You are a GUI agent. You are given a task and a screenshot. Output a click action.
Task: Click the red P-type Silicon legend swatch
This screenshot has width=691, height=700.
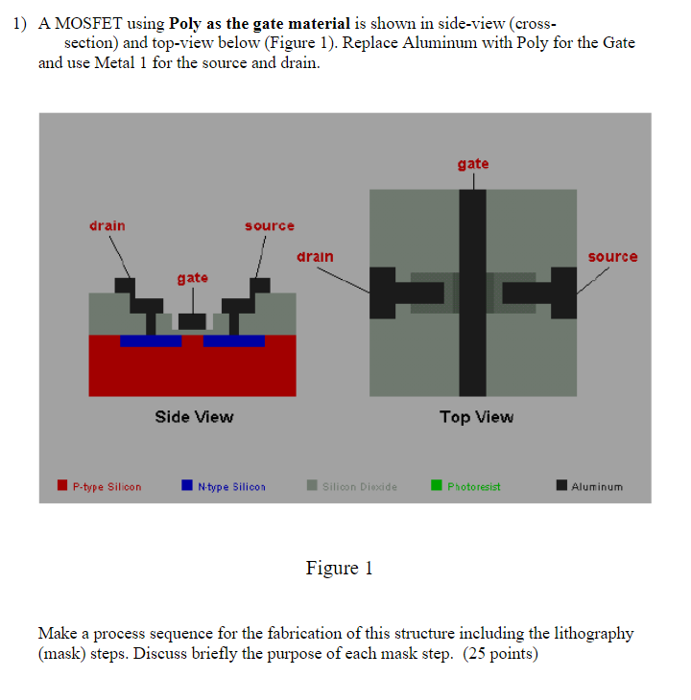[x=63, y=486]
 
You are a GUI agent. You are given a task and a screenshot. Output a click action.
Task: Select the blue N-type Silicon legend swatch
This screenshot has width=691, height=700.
[x=188, y=486]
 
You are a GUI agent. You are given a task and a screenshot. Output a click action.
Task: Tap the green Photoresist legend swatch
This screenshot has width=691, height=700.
[x=437, y=486]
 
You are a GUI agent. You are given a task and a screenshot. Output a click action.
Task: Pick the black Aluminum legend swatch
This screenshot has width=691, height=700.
[x=561, y=486]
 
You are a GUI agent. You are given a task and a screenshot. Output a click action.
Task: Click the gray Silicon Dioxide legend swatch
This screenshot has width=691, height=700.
[x=313, y=486]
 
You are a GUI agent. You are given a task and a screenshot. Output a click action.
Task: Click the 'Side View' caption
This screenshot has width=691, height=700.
[x=194, y=416]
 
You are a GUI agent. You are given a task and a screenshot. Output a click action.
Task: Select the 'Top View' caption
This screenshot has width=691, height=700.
[x=476, y=416]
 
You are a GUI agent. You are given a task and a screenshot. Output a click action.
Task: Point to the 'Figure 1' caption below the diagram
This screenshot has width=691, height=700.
[x=339, y=569]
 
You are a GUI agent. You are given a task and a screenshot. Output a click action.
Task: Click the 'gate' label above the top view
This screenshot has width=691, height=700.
[x=473, y=164]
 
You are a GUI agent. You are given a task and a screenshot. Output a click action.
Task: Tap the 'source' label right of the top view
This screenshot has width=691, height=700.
[x=612, y=257]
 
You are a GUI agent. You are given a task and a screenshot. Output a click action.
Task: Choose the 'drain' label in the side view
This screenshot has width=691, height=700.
[x=107, y=225]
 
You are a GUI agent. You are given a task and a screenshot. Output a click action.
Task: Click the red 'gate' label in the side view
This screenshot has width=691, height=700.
[x=192, y=277]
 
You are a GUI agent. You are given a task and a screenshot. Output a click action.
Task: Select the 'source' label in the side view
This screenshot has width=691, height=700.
[x=270, y=225]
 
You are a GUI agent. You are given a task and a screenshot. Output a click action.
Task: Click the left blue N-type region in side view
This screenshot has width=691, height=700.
[x=150, y=340]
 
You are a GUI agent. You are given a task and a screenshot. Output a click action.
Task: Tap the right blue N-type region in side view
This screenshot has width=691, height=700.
[x=234, y=340]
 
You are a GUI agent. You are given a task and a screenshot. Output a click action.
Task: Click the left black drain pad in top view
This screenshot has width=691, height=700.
[x=382, y=292]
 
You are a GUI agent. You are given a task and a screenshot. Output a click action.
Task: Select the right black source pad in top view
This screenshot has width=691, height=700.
[x=563, y=292]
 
